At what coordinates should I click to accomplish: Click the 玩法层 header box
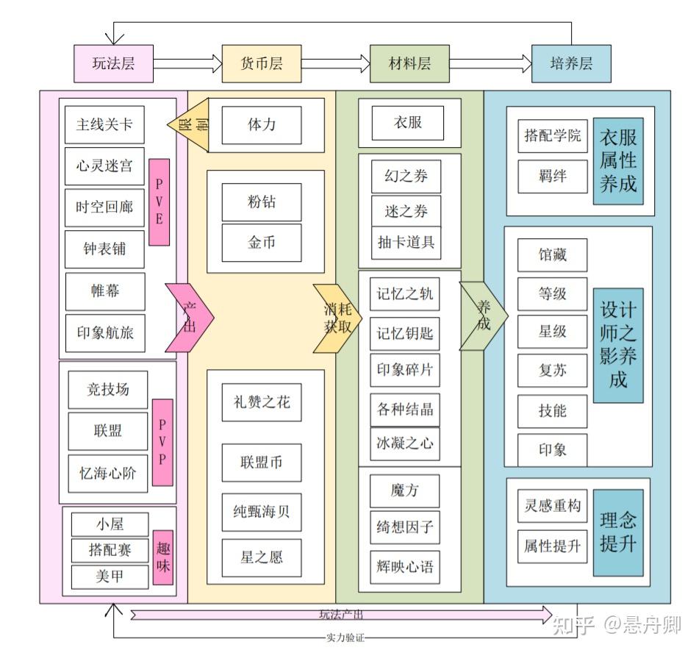(x=114, y=63)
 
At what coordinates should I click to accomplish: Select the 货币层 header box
(x=261, y=63)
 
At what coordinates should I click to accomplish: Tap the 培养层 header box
(x=571, y=63)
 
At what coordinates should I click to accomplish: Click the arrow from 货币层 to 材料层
(x=335, y=63)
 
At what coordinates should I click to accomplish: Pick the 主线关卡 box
(x=104, y=124)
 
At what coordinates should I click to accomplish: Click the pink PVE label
(x=159, y=201)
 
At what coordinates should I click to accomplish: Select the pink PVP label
(x=162, y=442)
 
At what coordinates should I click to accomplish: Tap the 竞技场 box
(x=107, y=389)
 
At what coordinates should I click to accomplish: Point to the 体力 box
(x=262, y=124)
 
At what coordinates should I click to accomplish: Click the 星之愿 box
(x=262, y=557)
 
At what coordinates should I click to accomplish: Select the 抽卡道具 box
(x=406, y=242)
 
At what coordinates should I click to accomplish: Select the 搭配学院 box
(x=552, y=136)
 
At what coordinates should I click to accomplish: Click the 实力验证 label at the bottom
(x=345, y=637)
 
